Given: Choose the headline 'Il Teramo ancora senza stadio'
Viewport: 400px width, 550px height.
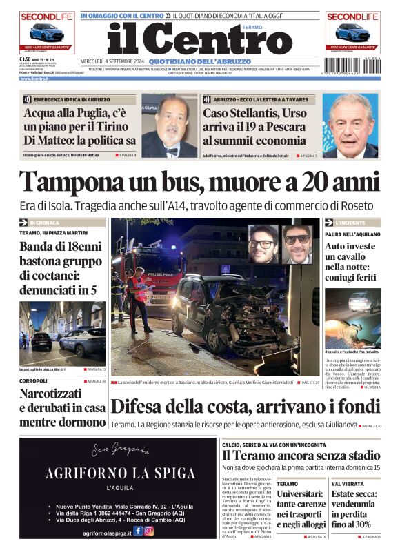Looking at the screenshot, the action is [301, 456].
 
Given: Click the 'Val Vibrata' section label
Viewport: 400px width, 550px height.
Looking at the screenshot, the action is [344, 484].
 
